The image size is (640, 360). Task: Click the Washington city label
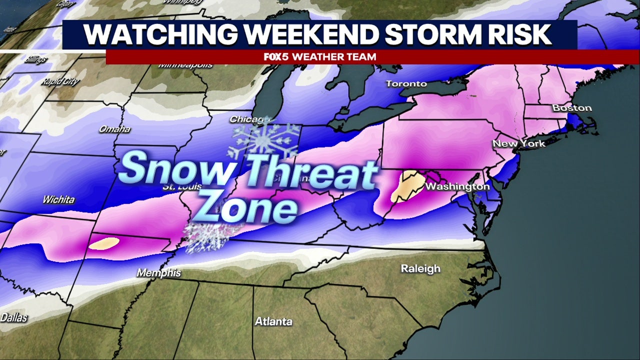[x=457, y=187]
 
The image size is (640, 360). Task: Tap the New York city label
[x=518, y=143]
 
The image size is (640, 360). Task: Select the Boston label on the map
[x=572, y=108]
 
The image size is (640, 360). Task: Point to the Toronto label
[x=406, y=83]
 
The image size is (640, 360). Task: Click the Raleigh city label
[x=420, y=268]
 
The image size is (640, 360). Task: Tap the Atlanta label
[x=273, y=321]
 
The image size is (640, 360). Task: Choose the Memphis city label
[x=158, y=273]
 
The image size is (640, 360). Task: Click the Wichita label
[x=58, y=199]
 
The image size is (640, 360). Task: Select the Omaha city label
[x=114, y=129]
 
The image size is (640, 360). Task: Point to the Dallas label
[x=14, y=317]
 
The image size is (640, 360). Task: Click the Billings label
[x=35, y=59]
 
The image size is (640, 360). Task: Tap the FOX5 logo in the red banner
[x=276, y=57]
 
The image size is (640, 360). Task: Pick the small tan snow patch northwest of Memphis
[x=104, y=243]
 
